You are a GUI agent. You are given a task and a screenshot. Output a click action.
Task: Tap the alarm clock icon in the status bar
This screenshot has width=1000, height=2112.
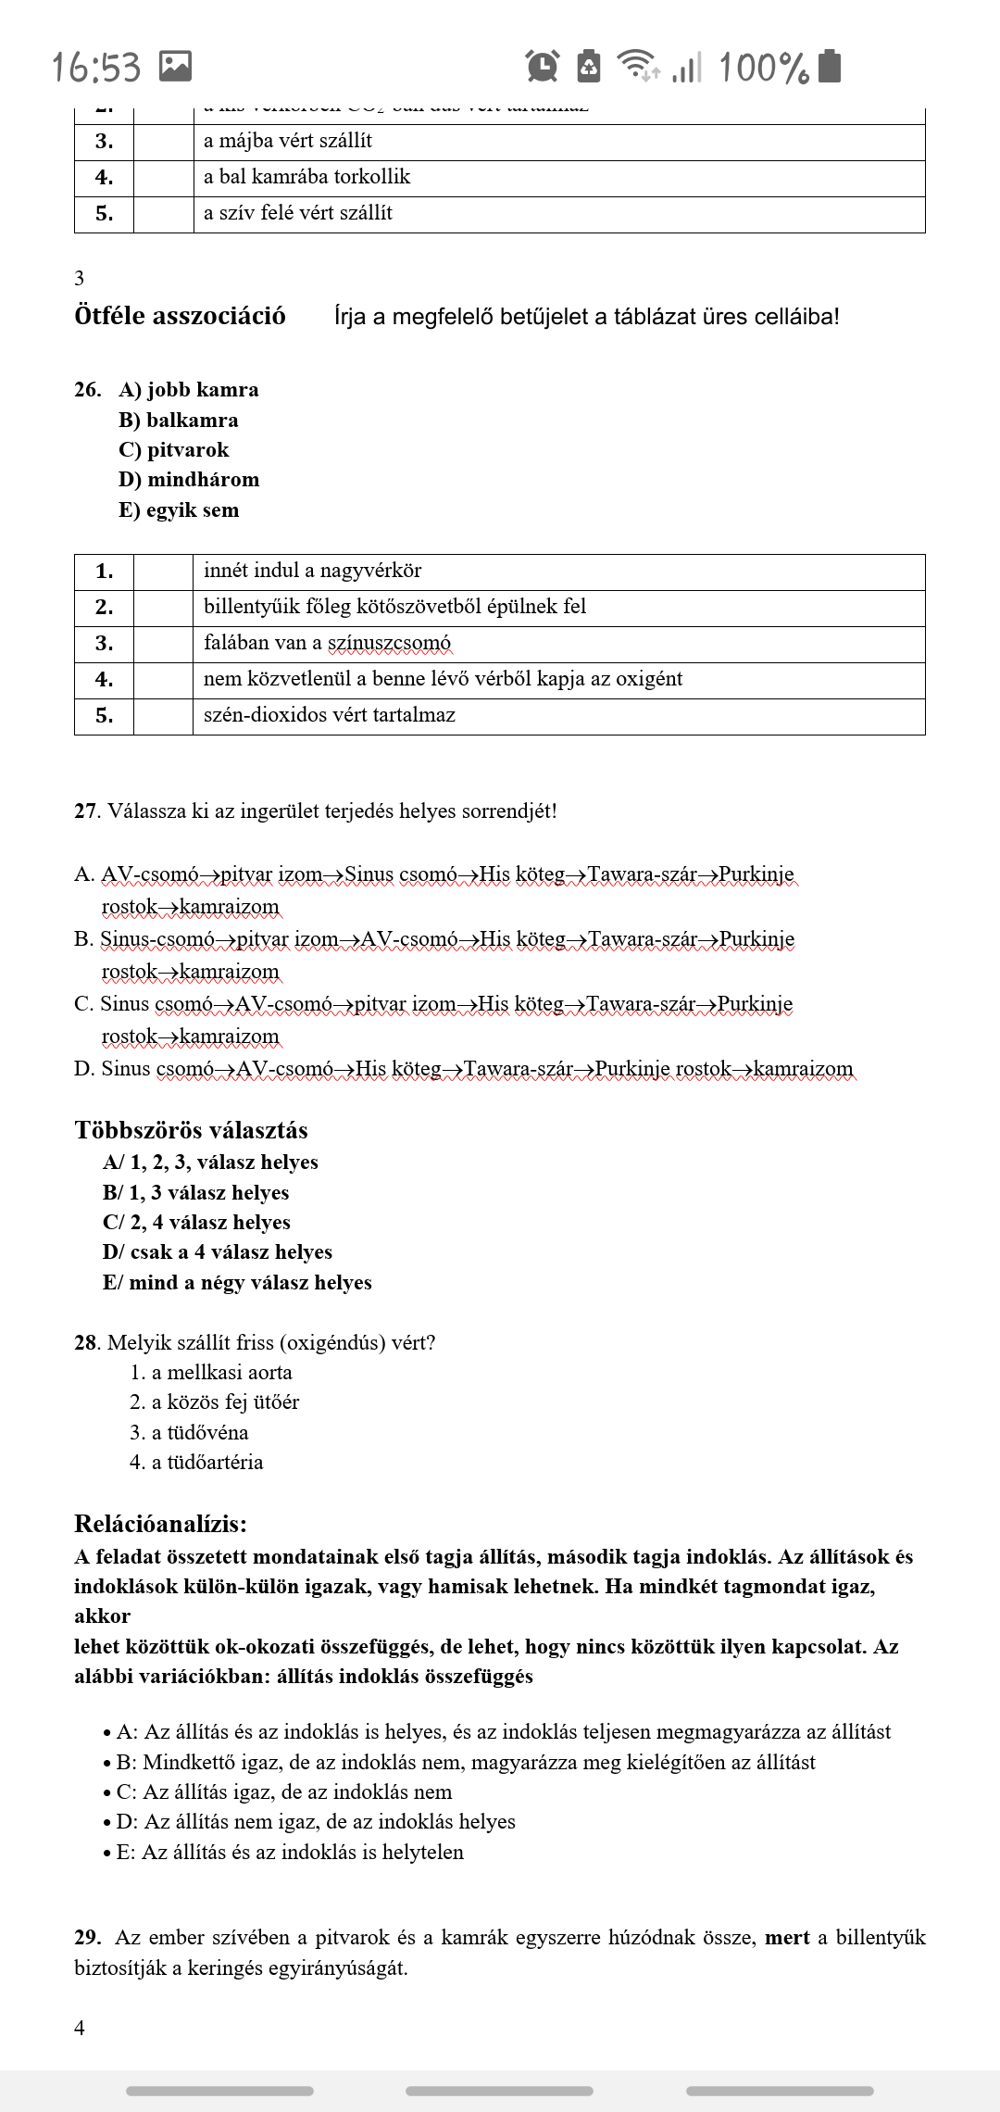click(542, 66)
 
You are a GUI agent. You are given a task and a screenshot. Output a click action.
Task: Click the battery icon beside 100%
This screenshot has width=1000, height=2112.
click(831, 67)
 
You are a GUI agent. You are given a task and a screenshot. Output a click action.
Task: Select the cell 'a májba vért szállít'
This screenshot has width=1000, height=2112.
click(288, 141)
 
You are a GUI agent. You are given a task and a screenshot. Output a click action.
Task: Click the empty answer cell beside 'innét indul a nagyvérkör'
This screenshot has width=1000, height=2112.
click(163, 572)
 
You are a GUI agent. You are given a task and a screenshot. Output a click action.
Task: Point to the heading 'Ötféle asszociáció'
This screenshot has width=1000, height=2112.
click(180, 316)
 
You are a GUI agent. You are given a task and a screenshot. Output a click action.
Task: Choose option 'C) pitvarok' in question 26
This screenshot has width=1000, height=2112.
click(173, 450)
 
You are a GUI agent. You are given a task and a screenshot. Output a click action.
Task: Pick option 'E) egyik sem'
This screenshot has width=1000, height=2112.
click(179, 510)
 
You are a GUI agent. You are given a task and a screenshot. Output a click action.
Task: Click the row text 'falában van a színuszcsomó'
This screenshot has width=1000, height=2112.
click(327, 643)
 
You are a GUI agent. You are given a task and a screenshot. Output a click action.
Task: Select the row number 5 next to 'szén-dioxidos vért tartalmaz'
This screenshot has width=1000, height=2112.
click(105, 716)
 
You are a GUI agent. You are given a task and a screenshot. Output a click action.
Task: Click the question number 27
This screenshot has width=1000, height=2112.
click(86, 811)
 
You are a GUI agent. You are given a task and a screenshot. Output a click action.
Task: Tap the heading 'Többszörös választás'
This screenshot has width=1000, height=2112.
click(191, 1130)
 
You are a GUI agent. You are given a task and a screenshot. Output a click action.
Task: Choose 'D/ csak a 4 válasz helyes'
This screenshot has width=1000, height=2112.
click(217, 1252)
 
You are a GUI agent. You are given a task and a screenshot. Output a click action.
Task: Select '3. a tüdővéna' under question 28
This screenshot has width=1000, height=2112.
click(189, 1433)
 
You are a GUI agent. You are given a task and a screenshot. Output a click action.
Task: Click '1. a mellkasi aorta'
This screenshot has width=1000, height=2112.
click(211, 1373)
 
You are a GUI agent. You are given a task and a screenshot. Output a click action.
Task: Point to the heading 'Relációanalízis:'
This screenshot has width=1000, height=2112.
click(160, 1524)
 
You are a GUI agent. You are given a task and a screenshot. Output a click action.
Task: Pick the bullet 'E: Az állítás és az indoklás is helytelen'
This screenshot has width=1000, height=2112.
click(290, 1852)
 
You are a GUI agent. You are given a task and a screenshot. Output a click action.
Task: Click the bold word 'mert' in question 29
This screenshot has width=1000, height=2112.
click(787, 1938)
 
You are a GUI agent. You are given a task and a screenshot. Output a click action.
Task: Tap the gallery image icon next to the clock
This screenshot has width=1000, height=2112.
click(176, 66)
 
